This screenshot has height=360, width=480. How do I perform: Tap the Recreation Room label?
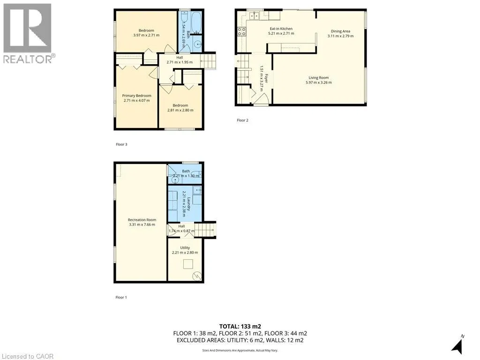[x=142, y=220]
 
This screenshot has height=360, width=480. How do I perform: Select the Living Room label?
[x=318, y=78]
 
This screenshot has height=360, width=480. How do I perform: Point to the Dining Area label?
[x=340, y=31]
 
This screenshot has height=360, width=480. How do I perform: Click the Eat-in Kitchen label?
[x=280, y=29]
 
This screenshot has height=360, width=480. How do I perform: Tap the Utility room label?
[x=185, y=247]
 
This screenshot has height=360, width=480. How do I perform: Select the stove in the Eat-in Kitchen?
[x=242, y=32]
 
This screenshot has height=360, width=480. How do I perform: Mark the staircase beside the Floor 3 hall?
[x=208, y=60]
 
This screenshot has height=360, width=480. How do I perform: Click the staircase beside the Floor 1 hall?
[x=205, y=230]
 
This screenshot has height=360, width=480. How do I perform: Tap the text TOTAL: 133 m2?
[x=240, y=326]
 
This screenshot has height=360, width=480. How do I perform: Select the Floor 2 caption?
[x=242, y=120]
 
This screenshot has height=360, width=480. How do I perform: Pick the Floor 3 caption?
[x=121, y=144]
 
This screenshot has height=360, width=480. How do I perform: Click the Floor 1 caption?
[x=121, y=297]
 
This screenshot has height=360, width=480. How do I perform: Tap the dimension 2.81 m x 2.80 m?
[x=180, y=110]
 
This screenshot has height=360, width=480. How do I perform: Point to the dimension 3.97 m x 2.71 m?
[x=146, y=35]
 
